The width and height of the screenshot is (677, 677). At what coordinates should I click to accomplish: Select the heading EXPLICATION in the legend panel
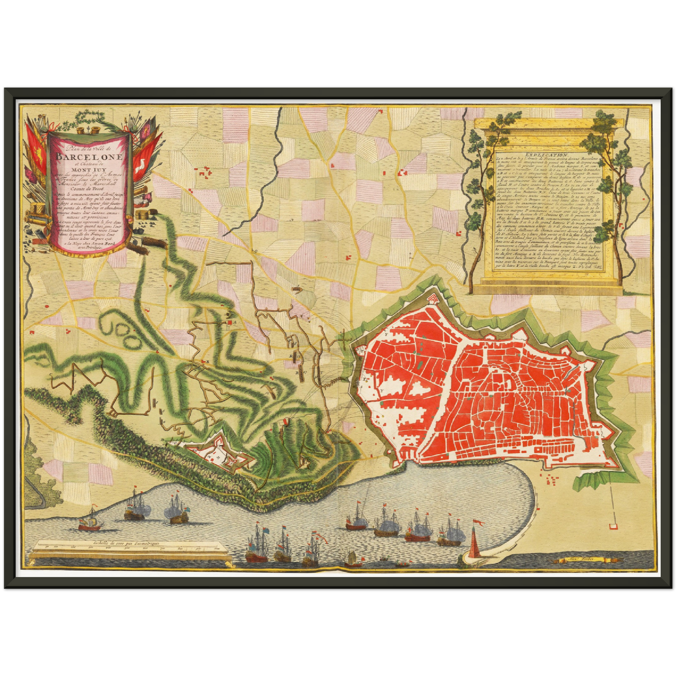[546, 154]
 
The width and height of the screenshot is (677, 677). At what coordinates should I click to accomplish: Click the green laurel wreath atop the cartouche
[89, 117]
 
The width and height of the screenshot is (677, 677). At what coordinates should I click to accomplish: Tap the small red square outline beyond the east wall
[612, 526]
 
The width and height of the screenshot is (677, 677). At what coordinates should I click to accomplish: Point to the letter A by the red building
[234, 323]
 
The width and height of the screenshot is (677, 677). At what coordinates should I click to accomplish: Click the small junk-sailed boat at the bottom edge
[350, 558]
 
